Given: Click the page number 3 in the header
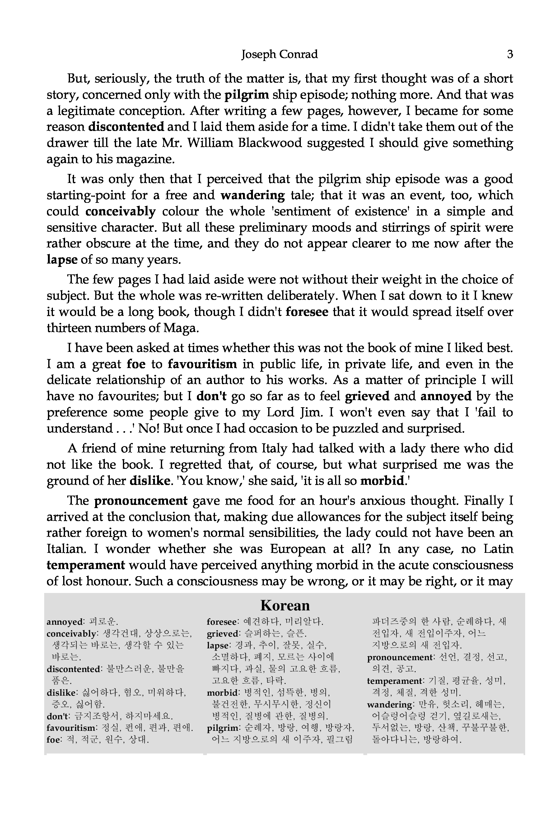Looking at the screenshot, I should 510,54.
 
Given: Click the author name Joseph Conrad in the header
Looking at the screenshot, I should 279,54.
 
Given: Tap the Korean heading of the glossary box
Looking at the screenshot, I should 285,605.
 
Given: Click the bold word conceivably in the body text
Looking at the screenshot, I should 120,212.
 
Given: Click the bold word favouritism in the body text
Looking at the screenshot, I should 202,364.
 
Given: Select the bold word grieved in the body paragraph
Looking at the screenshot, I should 367,396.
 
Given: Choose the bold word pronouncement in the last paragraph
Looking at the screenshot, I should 141,501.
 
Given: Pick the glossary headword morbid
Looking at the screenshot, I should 222,693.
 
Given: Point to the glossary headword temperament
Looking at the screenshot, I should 394,681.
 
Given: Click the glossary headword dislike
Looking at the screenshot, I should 61,693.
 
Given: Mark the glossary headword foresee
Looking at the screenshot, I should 222,622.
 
